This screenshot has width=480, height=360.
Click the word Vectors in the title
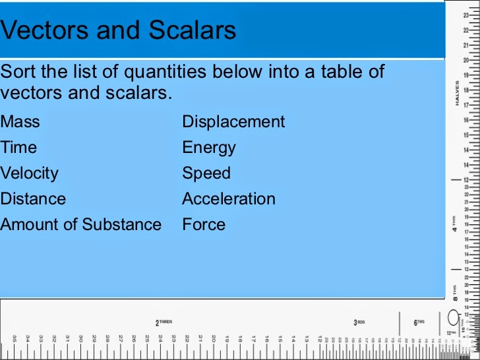click(x=42, y=30)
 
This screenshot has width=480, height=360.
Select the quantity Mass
click(x=20, y=122)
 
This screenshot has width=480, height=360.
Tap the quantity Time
click(x=18, y=148)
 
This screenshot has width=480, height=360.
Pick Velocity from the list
click(x=30, y=173)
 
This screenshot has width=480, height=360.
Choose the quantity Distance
click(x=34, y=199)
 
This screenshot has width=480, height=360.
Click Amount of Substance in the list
click(x=81, y=225)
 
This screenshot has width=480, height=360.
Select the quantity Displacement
click(x=233, y=122)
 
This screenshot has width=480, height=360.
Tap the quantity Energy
click(x=209, y=148)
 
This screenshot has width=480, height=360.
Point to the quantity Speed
click(x=206, y=173)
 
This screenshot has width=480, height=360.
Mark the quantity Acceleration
click(x=229, y=199)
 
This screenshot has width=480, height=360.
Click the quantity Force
click(x=204, y=225)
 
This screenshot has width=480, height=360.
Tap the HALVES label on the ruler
click(x=456, y=92)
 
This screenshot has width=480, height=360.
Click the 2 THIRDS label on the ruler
click(x=164, y=322)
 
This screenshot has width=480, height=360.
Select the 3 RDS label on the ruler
click(x=359, y=322)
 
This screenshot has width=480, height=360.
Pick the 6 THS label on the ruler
click(x=419, y=322)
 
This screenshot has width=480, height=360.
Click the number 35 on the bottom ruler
click(x=15, y=338)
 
